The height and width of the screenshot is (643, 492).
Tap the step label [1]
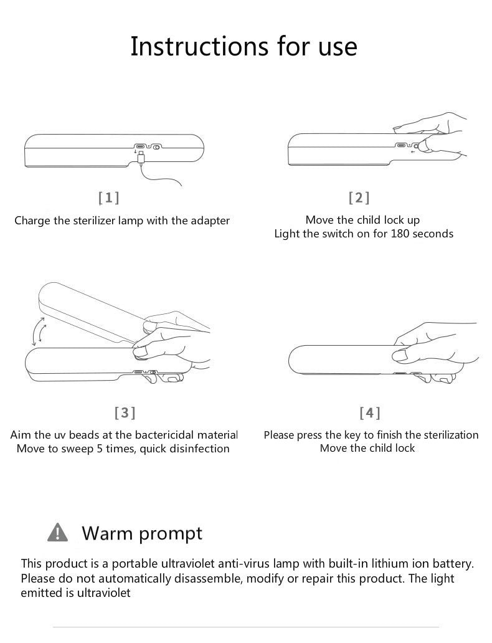tap(109, 198)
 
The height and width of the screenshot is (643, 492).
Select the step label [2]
tap(359, 198)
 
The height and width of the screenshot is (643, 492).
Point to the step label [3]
tap(125, 412)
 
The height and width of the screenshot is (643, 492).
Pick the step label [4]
tap(370, 412)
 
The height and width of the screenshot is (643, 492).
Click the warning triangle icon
tap(57, 532)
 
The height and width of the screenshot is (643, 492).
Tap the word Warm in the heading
tap(107, 533)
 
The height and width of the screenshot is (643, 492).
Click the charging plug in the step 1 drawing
tap(141, 158)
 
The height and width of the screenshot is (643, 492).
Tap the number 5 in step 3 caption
tap(100, 449)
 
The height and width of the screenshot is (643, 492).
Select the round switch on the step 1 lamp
tap(156, 147)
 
